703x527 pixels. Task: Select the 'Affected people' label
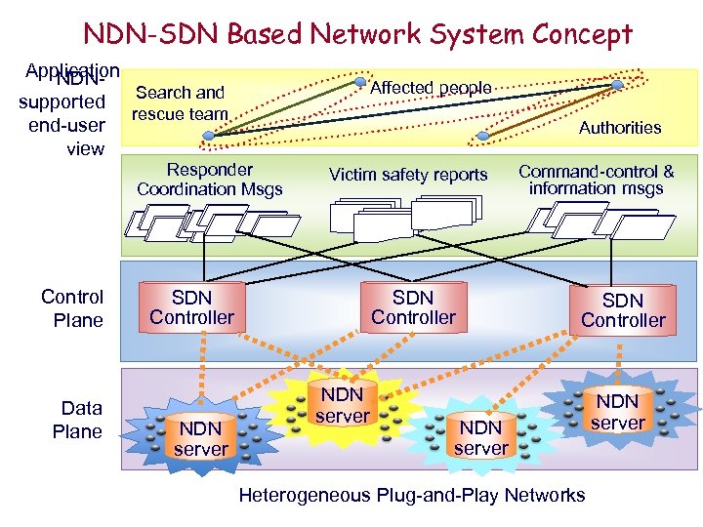432,88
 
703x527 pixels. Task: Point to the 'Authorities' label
620,128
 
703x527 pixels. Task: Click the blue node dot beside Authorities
617,86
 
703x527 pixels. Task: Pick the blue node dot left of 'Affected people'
360,82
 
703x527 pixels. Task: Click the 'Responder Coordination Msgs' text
209,180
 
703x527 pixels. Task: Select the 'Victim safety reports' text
408,175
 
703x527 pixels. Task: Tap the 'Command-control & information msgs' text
596,180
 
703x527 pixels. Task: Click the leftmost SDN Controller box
191,307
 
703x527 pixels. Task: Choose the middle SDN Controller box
413,307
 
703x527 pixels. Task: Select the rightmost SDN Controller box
623,310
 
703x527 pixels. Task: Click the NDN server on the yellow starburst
343,405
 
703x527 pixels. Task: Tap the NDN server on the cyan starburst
480,437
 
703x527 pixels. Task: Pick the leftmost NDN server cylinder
200,438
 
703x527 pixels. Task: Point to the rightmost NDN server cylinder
617,412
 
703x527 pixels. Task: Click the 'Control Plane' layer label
72,308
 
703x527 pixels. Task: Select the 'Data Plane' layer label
81,420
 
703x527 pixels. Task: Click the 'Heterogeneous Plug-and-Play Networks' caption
412,495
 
